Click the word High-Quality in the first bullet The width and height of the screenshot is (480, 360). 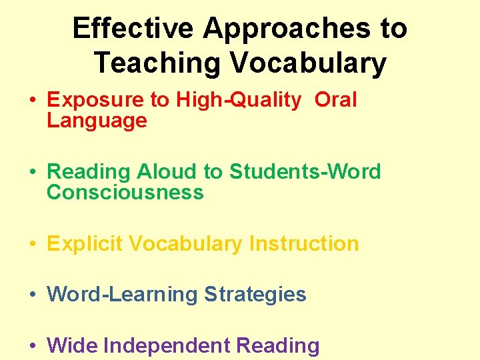point(239,100)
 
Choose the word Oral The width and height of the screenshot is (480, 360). point(335,100)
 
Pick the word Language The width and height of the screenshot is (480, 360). point(97,121)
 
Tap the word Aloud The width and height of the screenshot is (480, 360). point(167,172)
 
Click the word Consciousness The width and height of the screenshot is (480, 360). point(125,193)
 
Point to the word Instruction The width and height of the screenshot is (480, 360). point(303,244)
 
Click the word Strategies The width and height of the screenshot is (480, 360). point(255,295)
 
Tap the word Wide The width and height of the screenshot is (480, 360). point(73,346)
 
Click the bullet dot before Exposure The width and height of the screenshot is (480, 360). point(33,101)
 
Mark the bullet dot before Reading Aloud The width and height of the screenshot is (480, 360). point(33,173)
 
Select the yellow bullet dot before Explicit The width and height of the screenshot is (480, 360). point(33,245)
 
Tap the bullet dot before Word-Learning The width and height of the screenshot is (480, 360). point(33,295)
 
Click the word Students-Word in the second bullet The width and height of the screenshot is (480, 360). point(305,172)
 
